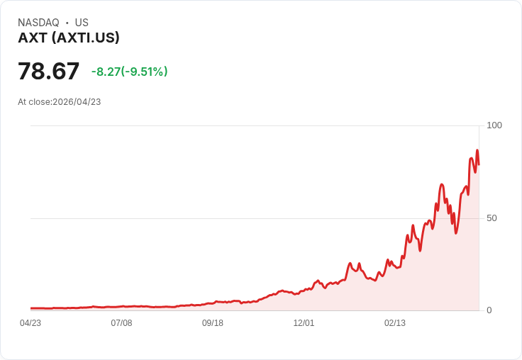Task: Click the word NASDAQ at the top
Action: tap(38, 23)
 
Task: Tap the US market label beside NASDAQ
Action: tap(82, 23)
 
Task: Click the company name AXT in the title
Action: tap(33, 38)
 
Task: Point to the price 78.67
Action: tap(48, 71)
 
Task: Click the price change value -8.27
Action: tap(106, 72)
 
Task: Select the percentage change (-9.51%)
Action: tap(144, 72)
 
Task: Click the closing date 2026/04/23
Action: tap(77, 102)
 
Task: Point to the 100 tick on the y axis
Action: tap(494, 125)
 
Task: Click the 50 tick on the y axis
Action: tap(492, 218)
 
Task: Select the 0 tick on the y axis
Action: tap(489, 310)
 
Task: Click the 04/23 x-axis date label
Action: tap(30, 323)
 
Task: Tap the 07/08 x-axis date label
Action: tap(121, 323)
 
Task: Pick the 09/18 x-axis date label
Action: tap(213, 323)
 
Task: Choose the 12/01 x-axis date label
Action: tap(304, 323)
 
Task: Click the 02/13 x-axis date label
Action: tap(395, 323)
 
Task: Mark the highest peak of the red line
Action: tap(477, 150)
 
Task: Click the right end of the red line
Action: tap(479, 164)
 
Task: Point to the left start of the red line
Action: tap(30, 308)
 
